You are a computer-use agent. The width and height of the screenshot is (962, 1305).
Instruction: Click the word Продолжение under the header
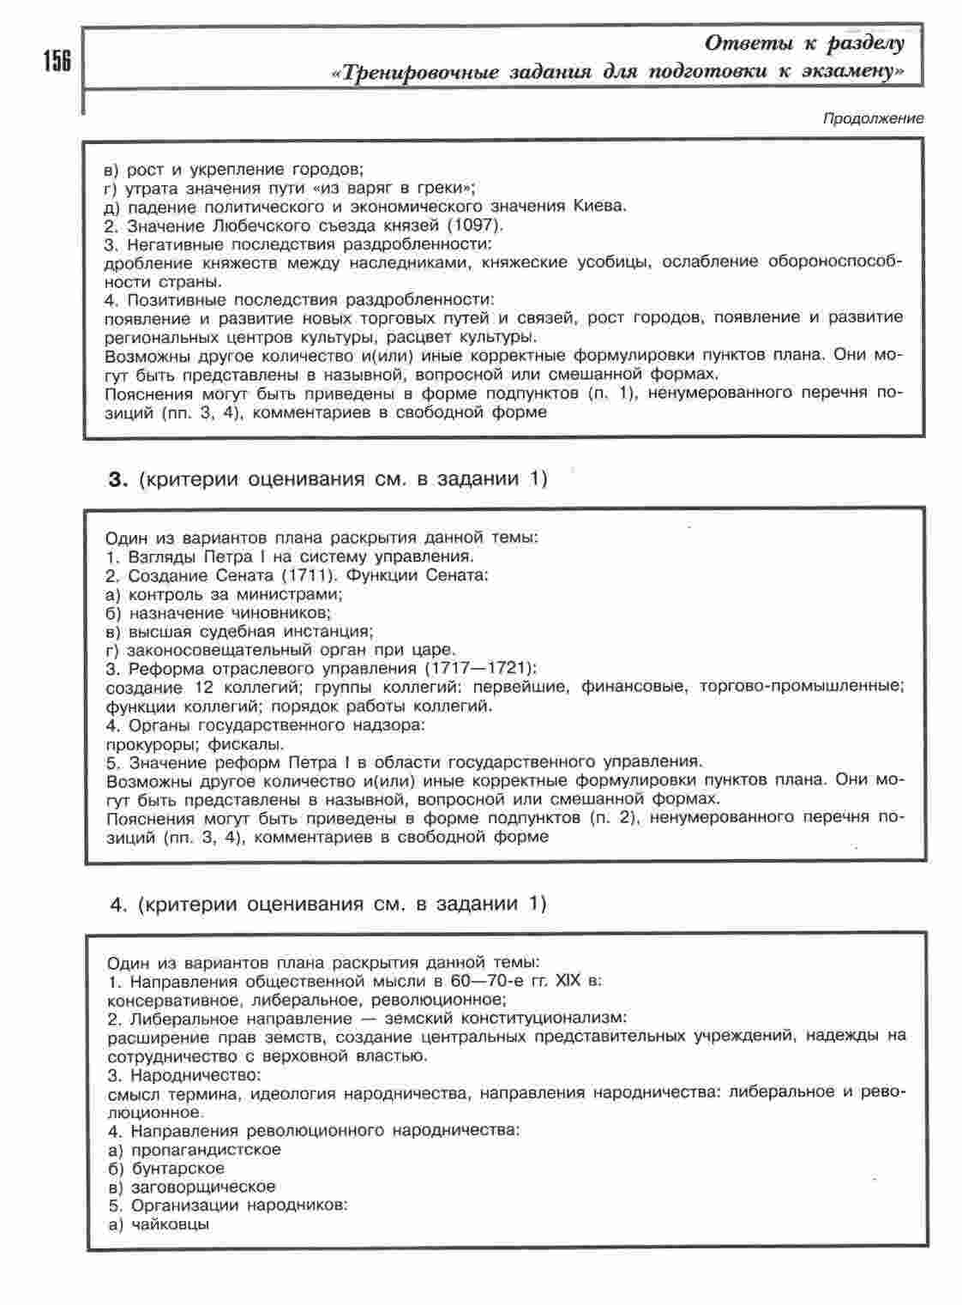point(873,119)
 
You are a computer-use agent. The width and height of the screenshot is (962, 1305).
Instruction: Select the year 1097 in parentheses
point(477,226)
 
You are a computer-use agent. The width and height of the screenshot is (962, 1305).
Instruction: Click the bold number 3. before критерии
point(117,479)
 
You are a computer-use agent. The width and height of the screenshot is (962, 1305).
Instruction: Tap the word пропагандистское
point(207,1150)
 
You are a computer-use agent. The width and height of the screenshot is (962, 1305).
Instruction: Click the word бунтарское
point(178,1168)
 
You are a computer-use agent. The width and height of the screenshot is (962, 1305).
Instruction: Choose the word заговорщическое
point(203,1187)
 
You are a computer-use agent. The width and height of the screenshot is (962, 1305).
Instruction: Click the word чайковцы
point(171,1224)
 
